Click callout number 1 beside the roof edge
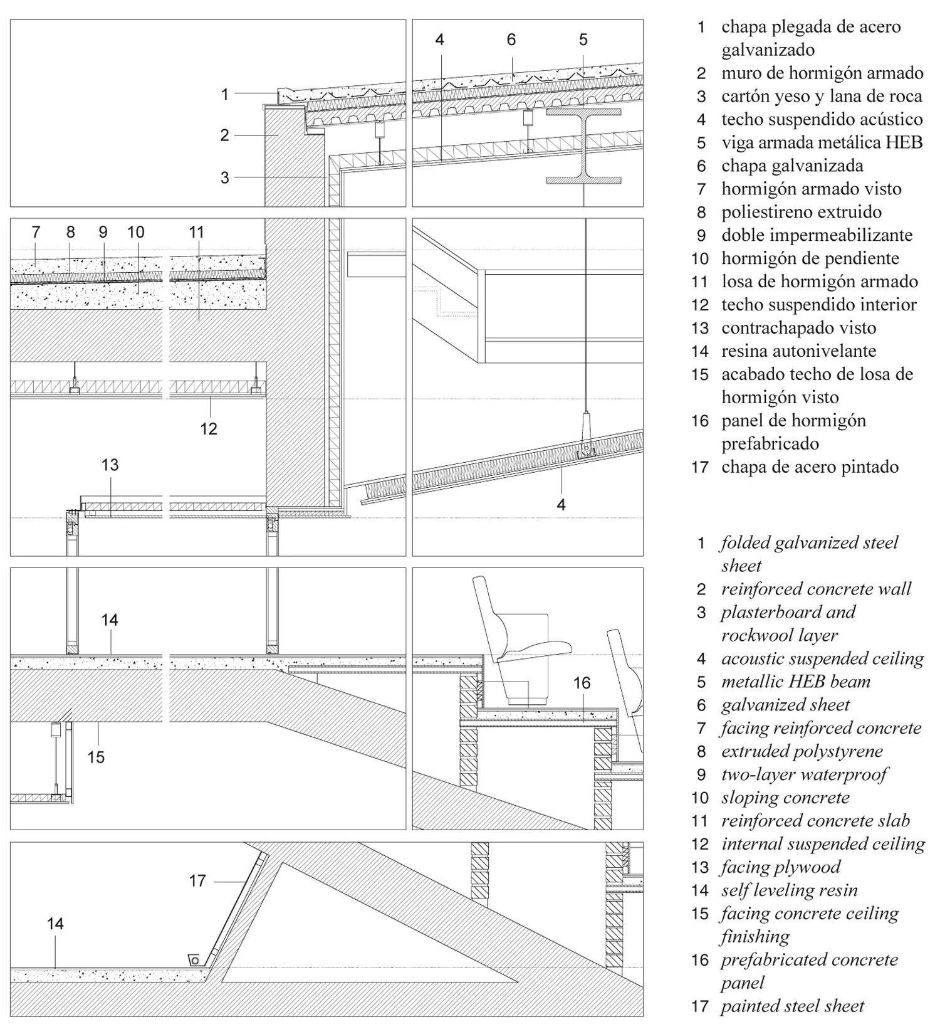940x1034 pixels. coord(224,95)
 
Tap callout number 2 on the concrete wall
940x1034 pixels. coord(224,135)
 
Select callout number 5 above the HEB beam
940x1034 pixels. coord(583,40)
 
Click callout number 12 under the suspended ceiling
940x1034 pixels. coord(209,429)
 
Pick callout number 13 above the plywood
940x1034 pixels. coord(110,465)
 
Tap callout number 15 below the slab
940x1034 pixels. coord(95,757)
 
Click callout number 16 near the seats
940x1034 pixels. coord(582,683)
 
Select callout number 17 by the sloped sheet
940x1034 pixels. coord(197,881)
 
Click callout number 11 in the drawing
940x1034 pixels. coord(197,233)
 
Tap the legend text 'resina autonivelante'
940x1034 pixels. coord(798,351)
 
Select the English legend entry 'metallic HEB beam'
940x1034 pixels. coord(795,682)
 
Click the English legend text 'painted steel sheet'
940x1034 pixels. coord(792,1006)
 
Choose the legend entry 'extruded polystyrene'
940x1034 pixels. coord(802,751)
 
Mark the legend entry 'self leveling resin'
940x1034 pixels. coord(789,890)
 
